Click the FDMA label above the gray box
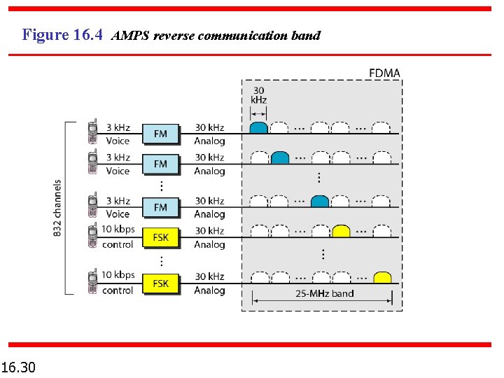(384, 73)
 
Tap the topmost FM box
(160, 134)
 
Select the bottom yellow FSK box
(160, 283)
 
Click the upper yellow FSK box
(160, 237)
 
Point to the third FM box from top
(160, 207)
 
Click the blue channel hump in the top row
(259, 128)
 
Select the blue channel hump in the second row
(280, 158)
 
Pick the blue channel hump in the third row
(320, 202)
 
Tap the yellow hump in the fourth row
(341, 231)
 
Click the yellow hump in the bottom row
(381, 277)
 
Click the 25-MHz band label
(324, 293)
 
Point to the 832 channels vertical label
(57, 208)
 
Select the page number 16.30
(20, 366)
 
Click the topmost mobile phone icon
(92, 133)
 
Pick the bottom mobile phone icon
(92, 282)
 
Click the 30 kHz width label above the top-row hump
(258, 94)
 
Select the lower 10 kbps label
(118, 275)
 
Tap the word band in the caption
(305, 35)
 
